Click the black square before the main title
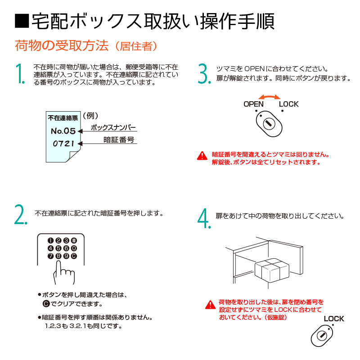[22, 21]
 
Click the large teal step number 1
[19, 73]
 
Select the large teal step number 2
[21, 214]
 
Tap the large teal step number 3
[204, 73]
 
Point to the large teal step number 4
[204, 218]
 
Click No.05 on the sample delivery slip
[63, 131]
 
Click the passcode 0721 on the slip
[63, 144]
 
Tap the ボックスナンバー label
[113, 127]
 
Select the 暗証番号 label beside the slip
[119, 139]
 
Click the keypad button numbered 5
[58, 248]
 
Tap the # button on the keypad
[74, 240]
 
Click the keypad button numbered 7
[50, 256]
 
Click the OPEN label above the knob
[253, 104]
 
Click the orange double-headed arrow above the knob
[269, 97]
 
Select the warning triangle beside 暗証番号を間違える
[202, 156]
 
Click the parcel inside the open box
[272, 270]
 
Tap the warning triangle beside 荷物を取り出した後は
[210, 305]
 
